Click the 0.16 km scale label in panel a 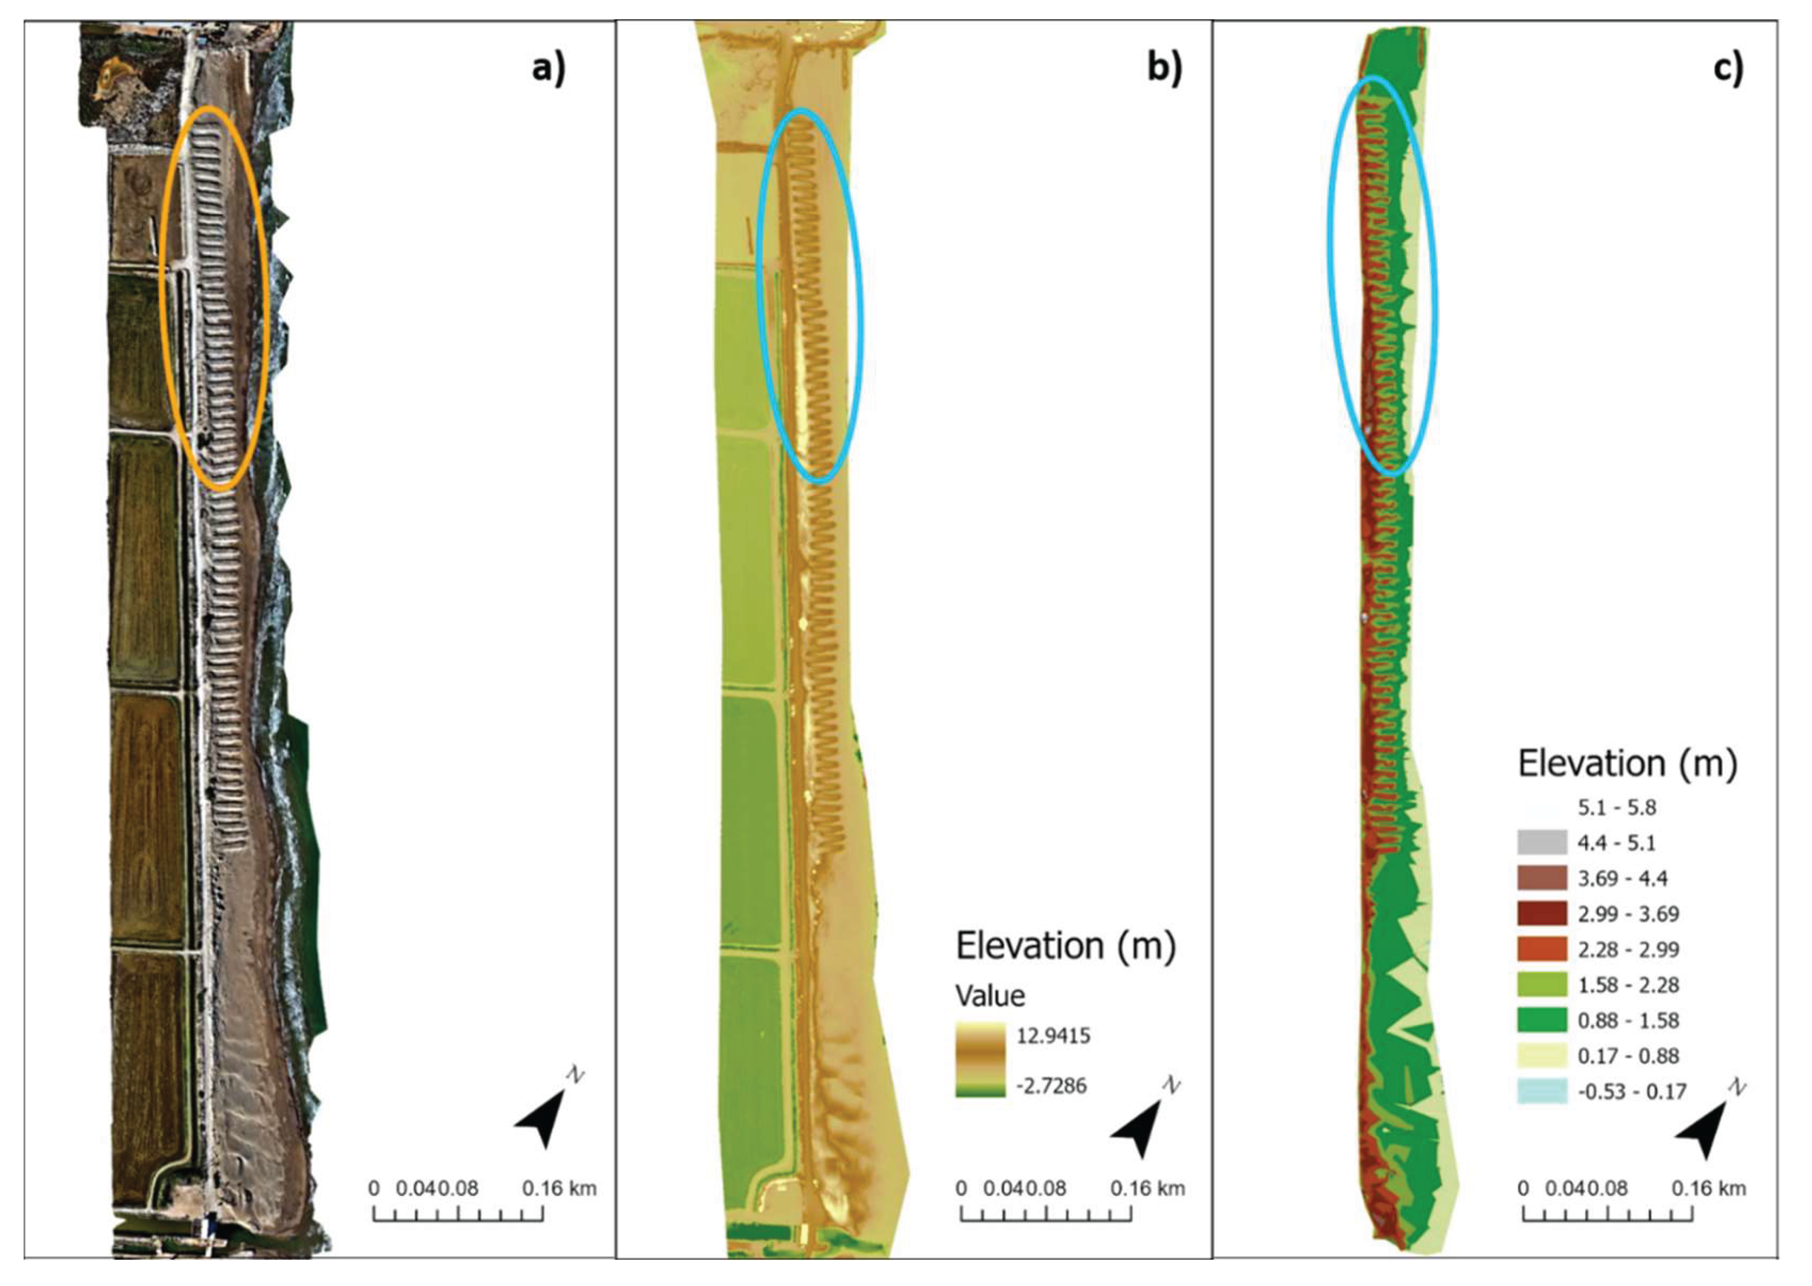559,1188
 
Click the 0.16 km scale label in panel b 1147,1188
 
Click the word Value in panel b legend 990,995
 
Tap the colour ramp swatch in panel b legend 980,1059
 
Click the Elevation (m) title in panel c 1627,764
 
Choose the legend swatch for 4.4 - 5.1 1542,842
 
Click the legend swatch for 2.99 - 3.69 1542,914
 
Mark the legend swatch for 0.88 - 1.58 1542,1020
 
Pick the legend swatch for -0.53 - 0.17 1542,1091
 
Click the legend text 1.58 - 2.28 1628,985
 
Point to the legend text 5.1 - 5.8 1616,808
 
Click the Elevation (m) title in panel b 1066,946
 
